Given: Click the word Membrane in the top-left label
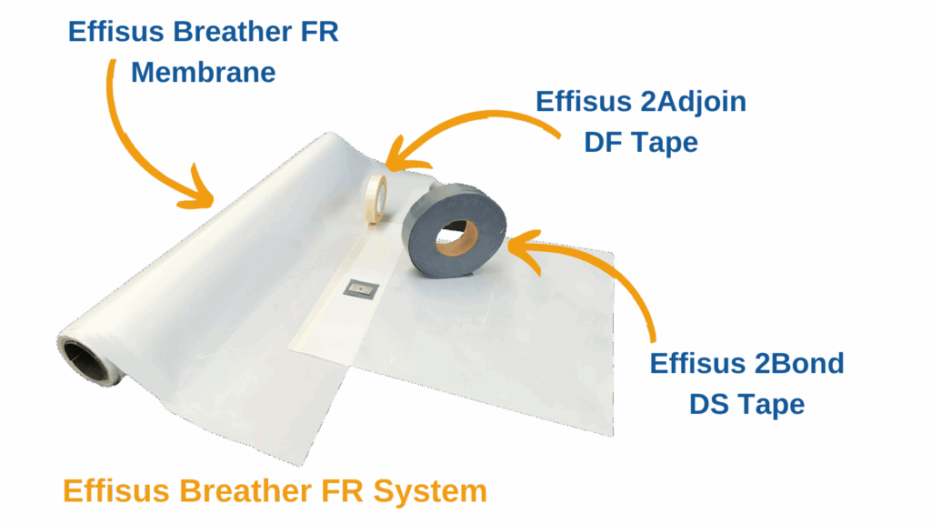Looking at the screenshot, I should tap(203, 72).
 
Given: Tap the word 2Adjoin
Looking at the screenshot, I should tap(694, 101).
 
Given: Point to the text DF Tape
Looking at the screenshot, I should tap(641, 142).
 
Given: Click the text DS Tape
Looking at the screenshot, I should tap(746, 403).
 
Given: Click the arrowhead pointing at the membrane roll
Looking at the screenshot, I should tap(205, 193).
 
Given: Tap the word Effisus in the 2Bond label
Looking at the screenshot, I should tap(696, 363).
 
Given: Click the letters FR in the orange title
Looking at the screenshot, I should tap(342, 491).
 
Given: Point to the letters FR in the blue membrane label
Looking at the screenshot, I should tap(320, 33).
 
